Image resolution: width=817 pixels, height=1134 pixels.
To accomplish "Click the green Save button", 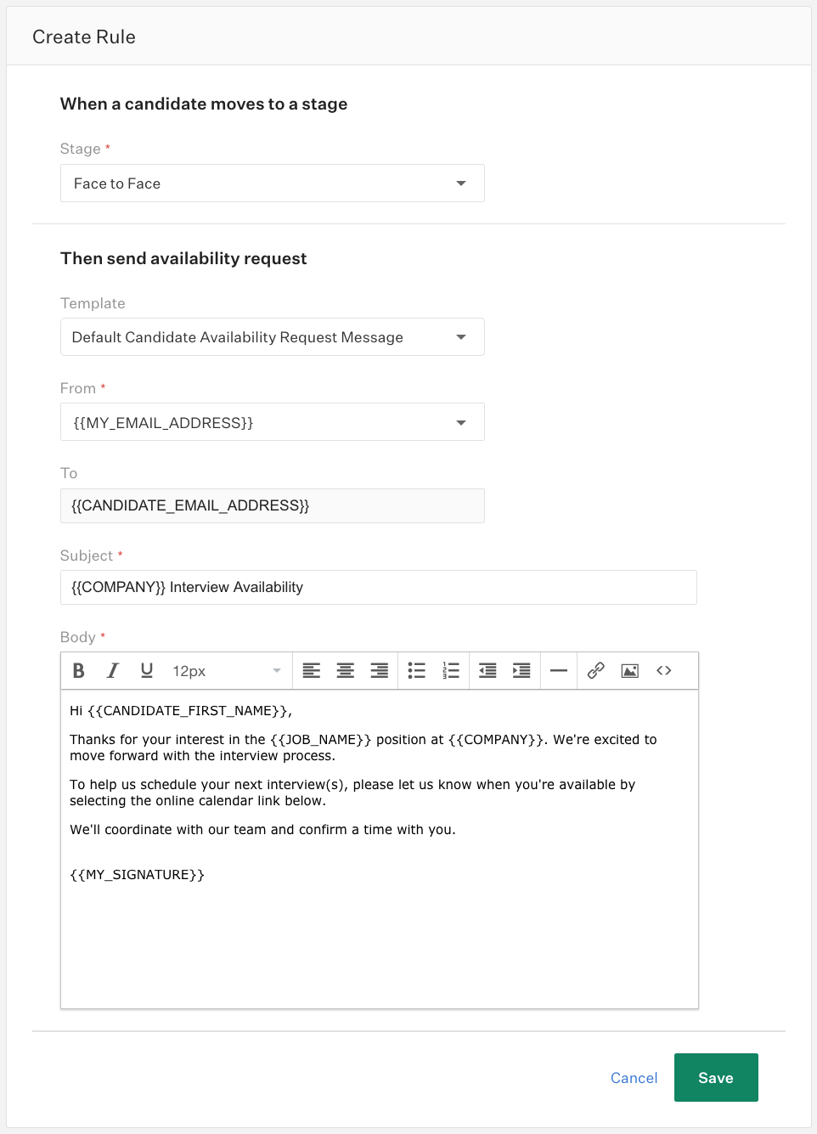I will pyautogui.click(x=715, y=1077).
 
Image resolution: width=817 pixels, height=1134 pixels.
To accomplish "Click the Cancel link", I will pyautogui.click(x=634, y=1078).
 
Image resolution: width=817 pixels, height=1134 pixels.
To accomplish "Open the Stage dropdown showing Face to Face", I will pyautogui.click(x=272, y=183).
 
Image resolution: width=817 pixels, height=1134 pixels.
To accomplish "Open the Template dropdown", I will pyautogui.click(x=272, y=337).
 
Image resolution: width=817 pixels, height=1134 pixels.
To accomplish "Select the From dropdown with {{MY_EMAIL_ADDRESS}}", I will pyautogui.click(x=272, y=422).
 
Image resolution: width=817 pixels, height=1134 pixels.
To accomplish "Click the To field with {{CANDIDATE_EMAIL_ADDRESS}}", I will pyautogui.click(x=272, y=505).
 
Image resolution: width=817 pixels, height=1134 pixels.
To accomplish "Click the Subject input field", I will pyautogui.click(x=378, y=587).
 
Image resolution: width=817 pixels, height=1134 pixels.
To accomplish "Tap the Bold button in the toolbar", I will pyautogui.click(x=79, y=671).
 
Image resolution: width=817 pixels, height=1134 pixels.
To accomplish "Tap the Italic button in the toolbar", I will pyautogui.click(x=112, y=671).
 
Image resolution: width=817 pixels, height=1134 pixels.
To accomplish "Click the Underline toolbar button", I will pyautogui.click(x=146, y=671).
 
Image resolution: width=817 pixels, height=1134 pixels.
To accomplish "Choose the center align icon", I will pyautogui.click(x=346, y=671).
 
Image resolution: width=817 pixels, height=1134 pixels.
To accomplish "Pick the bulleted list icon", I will pyautogui.click(x=416, y=671).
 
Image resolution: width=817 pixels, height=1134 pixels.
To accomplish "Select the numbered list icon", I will pyautogui.click(x=451, y=671).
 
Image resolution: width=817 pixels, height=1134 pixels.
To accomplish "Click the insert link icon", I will pyautogui.click(x=596, y=671).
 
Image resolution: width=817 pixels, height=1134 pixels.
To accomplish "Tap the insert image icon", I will pyautogui.click(x=630, y=671).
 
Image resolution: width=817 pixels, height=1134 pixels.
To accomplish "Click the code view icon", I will pyautogui.click(x=664, y=671).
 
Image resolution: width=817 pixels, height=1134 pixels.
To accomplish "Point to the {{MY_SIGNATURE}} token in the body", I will pyautogui.click(x=137, y=875).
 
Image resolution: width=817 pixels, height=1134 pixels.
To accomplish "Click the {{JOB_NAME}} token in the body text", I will pyautogui.click(x=320, y=740).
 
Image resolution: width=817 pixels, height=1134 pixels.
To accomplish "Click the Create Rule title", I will pyautogui.click(x=84, y=37).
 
